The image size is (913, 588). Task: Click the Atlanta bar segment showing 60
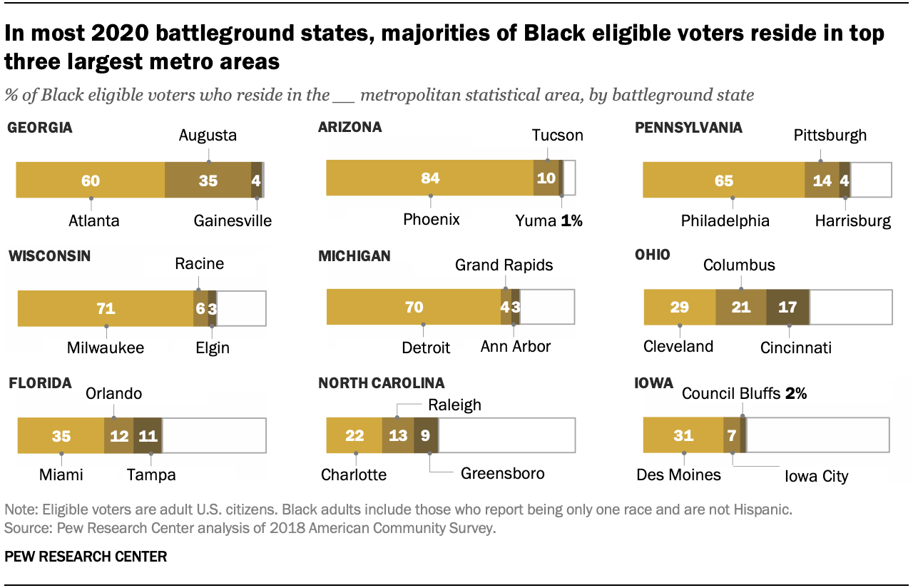point(91,180)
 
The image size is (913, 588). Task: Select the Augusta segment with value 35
point(208,180)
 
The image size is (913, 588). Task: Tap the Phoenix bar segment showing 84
point(429,178)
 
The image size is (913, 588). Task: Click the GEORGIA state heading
point(39,128)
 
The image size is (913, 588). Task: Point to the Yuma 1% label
point(549,220)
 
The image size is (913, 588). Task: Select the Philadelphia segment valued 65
point(724,180)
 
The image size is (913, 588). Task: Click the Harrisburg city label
point(853,221)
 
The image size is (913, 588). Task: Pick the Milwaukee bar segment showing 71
point(106,309)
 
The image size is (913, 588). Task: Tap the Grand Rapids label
point(504,265)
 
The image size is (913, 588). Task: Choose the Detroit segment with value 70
point(414,308)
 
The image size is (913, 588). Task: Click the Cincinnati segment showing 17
point(787,308)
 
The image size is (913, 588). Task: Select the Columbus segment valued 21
point(740,308)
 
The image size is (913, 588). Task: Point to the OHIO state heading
point(653,255)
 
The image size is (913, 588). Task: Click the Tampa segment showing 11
point(148,435)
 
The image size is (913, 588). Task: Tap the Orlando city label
point(114,393)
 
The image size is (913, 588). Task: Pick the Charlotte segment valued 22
point(354,435)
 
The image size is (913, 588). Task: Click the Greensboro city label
point(502,473)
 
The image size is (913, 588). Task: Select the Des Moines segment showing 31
point(683,434)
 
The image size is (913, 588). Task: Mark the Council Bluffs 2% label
point(744,393)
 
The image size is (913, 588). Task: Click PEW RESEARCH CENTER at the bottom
point(86,557)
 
